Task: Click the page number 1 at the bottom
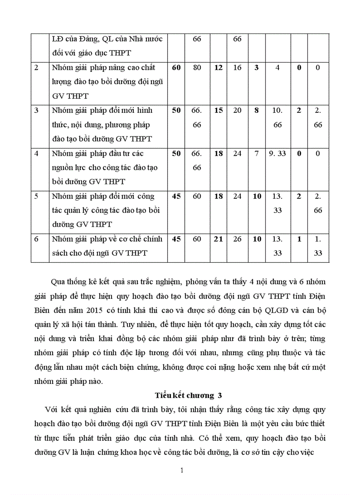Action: pos(182,470)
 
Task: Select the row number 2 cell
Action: pos(36,68)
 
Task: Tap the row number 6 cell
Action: pos(37,239)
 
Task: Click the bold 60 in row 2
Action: pos(176,68)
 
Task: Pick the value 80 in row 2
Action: pos(197,68)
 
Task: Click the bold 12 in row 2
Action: pos(218,68)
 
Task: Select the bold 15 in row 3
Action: pos(218,111)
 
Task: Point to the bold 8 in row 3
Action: pos(256,111)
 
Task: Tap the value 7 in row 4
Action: pos(256,153)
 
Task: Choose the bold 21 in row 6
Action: pos(218,239)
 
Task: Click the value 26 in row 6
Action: pos(237,239)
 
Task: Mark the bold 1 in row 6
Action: pos(299,239)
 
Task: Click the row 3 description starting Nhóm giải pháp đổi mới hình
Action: pos(107,124)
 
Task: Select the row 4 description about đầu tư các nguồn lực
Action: pos(107,167)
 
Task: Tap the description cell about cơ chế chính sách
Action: pos(107,246)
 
